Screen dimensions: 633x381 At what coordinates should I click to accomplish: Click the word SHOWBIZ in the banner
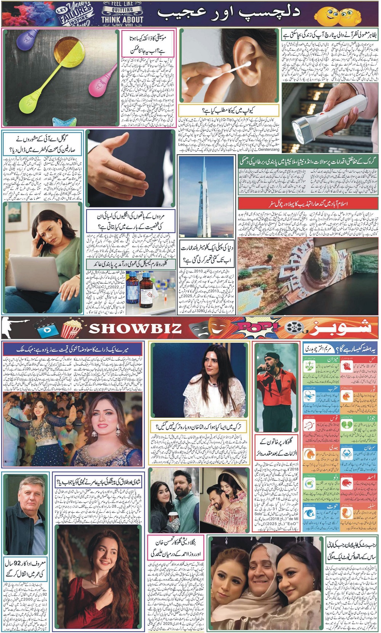[x=135, y=328]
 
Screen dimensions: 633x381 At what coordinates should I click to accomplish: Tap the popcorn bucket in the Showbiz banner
[x=72, y=329]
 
